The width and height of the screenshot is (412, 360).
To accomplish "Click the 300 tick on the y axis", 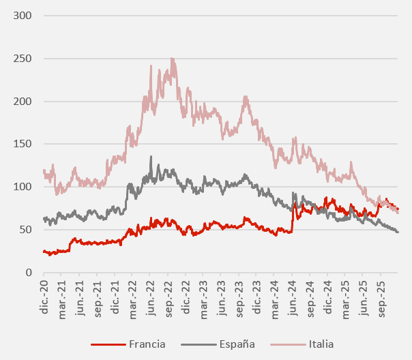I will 22,16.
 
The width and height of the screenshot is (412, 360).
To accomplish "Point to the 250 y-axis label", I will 22,59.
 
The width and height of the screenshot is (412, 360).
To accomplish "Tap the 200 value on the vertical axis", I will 22,102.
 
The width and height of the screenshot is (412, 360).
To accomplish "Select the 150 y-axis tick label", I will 22,145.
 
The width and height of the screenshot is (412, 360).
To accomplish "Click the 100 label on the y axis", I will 22,187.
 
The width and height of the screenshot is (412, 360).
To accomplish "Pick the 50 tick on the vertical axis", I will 25,230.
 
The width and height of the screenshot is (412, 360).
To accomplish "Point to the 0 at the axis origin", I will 27,273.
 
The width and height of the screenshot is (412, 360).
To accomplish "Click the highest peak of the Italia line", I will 171,59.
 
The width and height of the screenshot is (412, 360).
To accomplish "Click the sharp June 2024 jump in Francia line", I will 293,215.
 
